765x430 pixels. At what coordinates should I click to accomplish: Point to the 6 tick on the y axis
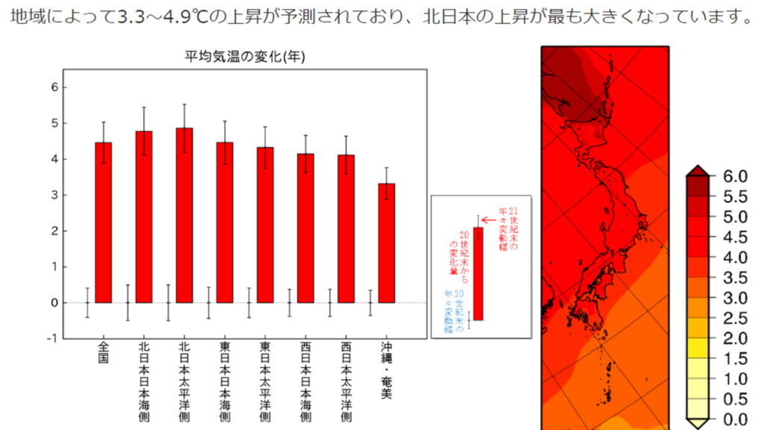tap(54, 87)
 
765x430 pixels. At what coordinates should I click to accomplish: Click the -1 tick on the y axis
tap(52, 338)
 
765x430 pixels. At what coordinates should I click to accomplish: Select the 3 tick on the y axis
tap(54, 195)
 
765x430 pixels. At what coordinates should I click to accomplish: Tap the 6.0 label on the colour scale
tap(731, 177)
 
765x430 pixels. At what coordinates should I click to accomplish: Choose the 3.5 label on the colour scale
tap(731, 278)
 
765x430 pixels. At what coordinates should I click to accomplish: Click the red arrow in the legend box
tap(489, 219)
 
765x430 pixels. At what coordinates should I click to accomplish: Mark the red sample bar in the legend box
tap(478, 273)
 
